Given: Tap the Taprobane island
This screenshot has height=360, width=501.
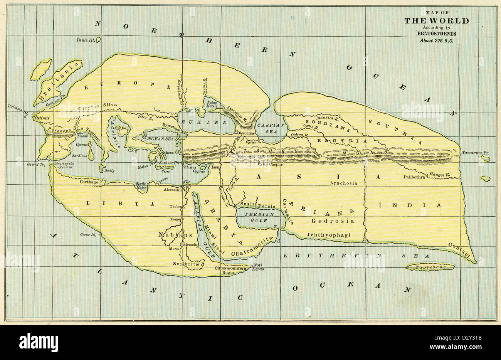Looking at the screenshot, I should [x=430, y=267].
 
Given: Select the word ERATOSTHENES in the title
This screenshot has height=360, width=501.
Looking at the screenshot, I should [x=436, y=33].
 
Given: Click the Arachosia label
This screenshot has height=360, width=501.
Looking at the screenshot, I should [x=344, y=183].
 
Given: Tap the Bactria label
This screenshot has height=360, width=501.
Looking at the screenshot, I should [x=342, y=141].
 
